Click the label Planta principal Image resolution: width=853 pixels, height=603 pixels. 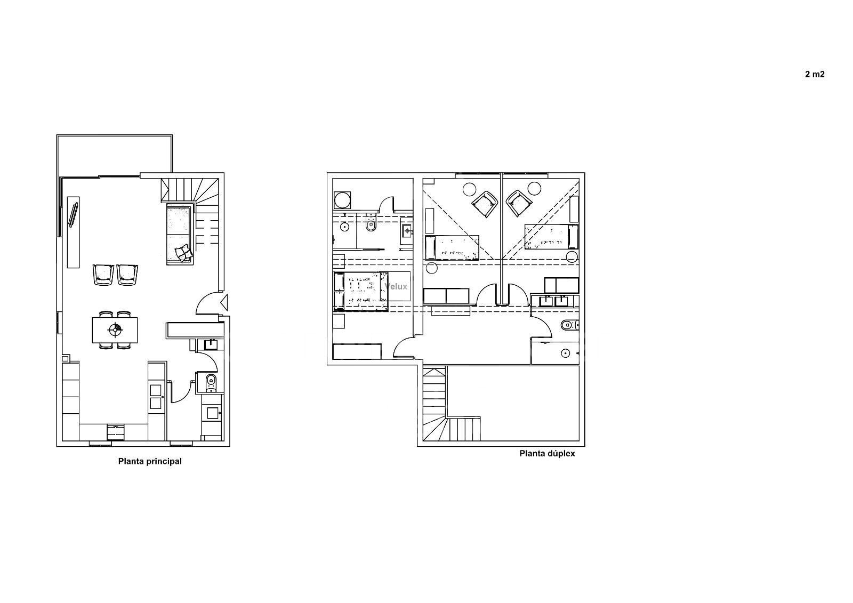pyautogui.click(x=150, y=461)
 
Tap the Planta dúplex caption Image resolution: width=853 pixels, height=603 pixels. pyautogui.click(x=547, y=454)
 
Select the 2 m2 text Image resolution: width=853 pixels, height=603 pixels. pyautogui.click(x=815, y=74)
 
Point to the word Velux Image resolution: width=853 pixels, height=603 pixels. pyautogui.click(x=396, y=286)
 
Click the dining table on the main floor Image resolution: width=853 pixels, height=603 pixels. pyautogui.click(x=115, y=330)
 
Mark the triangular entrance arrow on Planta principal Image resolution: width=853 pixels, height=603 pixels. pyautogui.click(x=224, y=302)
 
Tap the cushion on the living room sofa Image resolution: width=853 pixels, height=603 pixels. pyautogui.click(x=183, y=253)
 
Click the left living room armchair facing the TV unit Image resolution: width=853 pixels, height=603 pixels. pyautogui.click(x=103, y=275)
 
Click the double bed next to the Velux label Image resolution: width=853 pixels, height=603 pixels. pyautogui.click(x=361, y=292)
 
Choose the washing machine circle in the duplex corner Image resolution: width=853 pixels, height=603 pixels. pyautogui.click(x=341, y=200)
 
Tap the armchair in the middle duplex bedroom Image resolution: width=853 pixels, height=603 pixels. pyautogui.click(x=485, y=204)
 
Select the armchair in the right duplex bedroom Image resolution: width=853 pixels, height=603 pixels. pyautogui.click(x=519, y=203)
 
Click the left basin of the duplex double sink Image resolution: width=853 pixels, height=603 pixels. pyautogui.click(x=546, y=301)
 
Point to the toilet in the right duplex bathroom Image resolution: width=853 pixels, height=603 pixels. pyautogui.click(x=569, y=325)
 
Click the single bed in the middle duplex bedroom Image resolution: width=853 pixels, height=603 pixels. pyautogui.click(x=452, y=247)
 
